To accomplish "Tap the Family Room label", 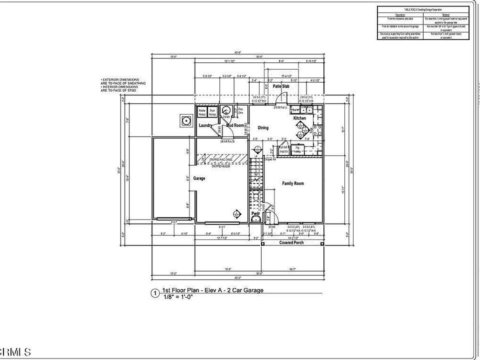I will pyautogui.click(x=293, y=183).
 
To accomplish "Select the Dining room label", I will pyautogui.click(x=263, y=127).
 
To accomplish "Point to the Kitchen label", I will pyautogui.click(x=299, y=118).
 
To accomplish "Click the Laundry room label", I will pyautogui.click(x=206, y=125).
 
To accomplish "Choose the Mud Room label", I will pyautogui.click(x=235, y=125).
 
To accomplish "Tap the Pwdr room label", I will pyautogui.click(x=255, y=213).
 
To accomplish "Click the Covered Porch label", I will pyautogui.click(x=291, y=242).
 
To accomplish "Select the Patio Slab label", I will pyautogui.click(x=281, y=86).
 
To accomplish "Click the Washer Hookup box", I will pyautogui.click(x=202, y=111).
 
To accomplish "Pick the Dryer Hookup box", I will pyautogui.click(x=212, y=111).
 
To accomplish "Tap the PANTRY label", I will pyautogui.click(x=283, y=151).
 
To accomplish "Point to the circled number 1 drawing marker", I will pyautogui.click(x=155, y=293).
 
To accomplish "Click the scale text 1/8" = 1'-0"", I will pyautogui.click(x=178, y=297).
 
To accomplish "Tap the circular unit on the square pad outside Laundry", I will pyautogui.click(x=186, y=120).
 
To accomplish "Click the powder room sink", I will pyautogui.click(x=255, y=218).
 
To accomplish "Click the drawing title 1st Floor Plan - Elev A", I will pyautogui.click(x=213, y=290).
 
